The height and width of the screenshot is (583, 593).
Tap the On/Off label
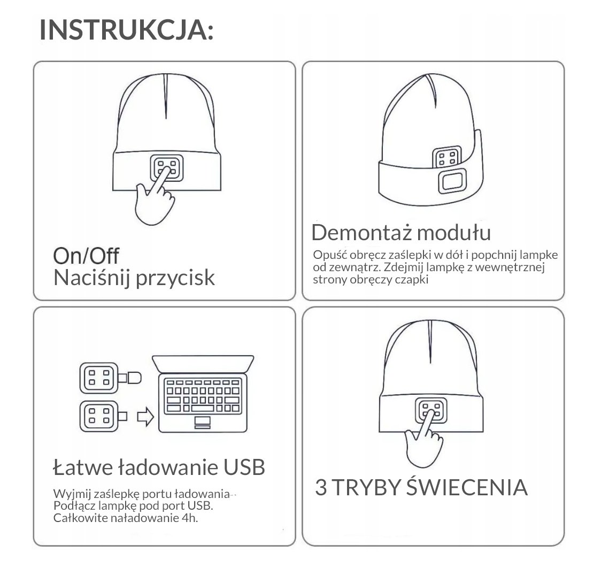[86, 256]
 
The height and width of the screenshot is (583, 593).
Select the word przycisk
[175, 279]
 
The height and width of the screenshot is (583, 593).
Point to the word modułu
[454, 232]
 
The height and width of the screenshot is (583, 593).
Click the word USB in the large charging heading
[244, 467]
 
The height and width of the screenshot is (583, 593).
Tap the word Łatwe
[83, 467]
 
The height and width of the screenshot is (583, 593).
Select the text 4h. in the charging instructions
[189, 518]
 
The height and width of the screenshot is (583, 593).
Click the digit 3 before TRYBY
[321, 487]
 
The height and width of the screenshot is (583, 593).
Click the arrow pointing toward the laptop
[145, 417]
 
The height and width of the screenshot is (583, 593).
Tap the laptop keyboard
[203, 396]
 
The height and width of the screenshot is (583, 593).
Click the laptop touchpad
[202, 422]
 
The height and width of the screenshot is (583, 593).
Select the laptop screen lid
[203, 364]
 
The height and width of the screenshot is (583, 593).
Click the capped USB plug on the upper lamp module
[130, 378]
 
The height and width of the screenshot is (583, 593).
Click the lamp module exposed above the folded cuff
[447, 157]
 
